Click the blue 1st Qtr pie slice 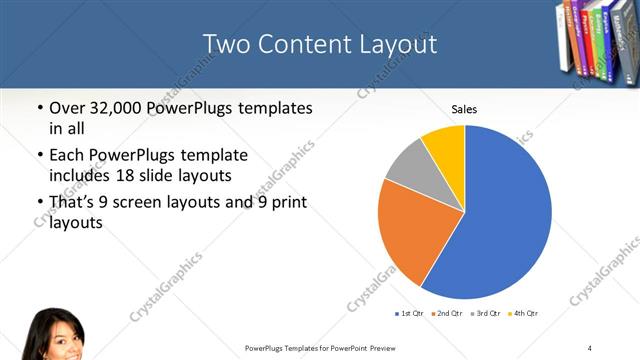pos(505,220)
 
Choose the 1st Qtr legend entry pos(410,314)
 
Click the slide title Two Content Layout pos(319,44)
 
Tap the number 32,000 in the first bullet pos(116,108)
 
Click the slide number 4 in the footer pos(590,347)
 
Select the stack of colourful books pos(596,40)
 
